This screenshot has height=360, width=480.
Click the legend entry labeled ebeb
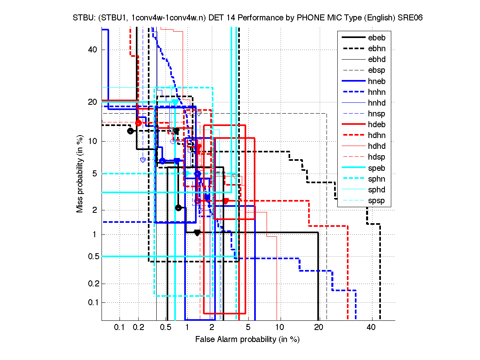point(377,38)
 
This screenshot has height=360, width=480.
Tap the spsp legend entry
point(377,200)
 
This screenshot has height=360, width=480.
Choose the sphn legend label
point(377,179)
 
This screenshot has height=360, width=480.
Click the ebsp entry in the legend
point(377,70)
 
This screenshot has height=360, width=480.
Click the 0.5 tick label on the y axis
point(92,256)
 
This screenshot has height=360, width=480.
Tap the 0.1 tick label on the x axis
point(120,328)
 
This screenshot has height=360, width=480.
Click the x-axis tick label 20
point(319,328)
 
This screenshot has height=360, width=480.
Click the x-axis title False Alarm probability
point(247,340)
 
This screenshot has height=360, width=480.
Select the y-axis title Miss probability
point(80,174)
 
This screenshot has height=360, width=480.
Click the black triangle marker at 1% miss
point(197,233)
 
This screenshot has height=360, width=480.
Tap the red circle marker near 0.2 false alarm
point(138,123)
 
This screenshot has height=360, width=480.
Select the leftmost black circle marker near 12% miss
point(130,131)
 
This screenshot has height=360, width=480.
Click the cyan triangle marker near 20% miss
point(175,102)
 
